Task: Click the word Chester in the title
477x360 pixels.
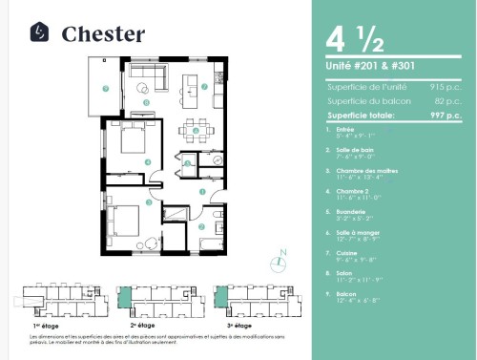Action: (103, 34)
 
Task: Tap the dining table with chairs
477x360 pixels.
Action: (196, 129)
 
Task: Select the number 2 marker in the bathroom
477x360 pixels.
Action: (201, 226)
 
